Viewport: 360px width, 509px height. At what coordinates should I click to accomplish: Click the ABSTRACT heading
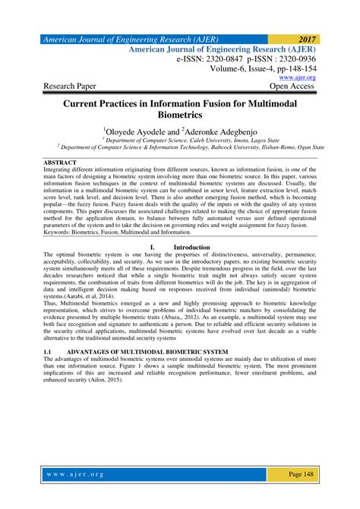(60, 163)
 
